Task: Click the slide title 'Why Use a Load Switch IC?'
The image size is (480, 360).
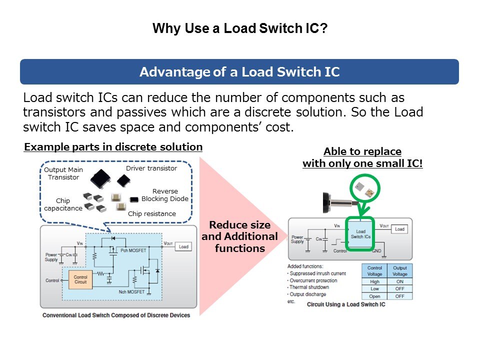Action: coord(239,28)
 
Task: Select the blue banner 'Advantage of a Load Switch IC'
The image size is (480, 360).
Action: coord(239,72)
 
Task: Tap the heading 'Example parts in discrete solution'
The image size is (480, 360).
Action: coord(113,147)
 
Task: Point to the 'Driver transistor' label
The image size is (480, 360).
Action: coord(151,168)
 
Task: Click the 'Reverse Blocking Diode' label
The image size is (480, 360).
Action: coord(165,195)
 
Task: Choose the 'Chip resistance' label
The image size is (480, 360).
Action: coord(152,214)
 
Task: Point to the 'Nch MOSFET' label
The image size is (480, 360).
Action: coord(132,291)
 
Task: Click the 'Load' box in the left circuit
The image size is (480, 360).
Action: coord(184,247)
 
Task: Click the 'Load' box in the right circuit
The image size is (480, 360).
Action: coord(399,229)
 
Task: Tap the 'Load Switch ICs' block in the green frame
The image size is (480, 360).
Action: coord(360,234)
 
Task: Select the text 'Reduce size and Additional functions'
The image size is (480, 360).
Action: coord(239,236)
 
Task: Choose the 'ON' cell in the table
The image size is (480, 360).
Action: coord(399,281)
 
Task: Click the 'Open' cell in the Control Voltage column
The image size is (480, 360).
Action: coord(374,296)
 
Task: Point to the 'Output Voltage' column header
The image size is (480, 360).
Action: coord(399,271)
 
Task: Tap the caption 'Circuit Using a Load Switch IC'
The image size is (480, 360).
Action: coord(346,304)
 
